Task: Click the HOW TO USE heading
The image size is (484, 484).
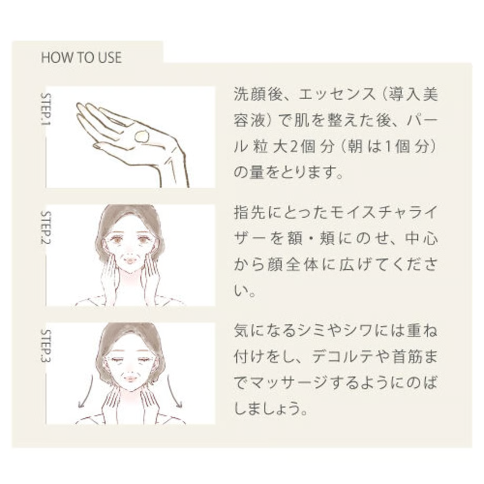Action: [x=81, y=58]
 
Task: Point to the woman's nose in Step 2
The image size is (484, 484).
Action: [x=130, y=249]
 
